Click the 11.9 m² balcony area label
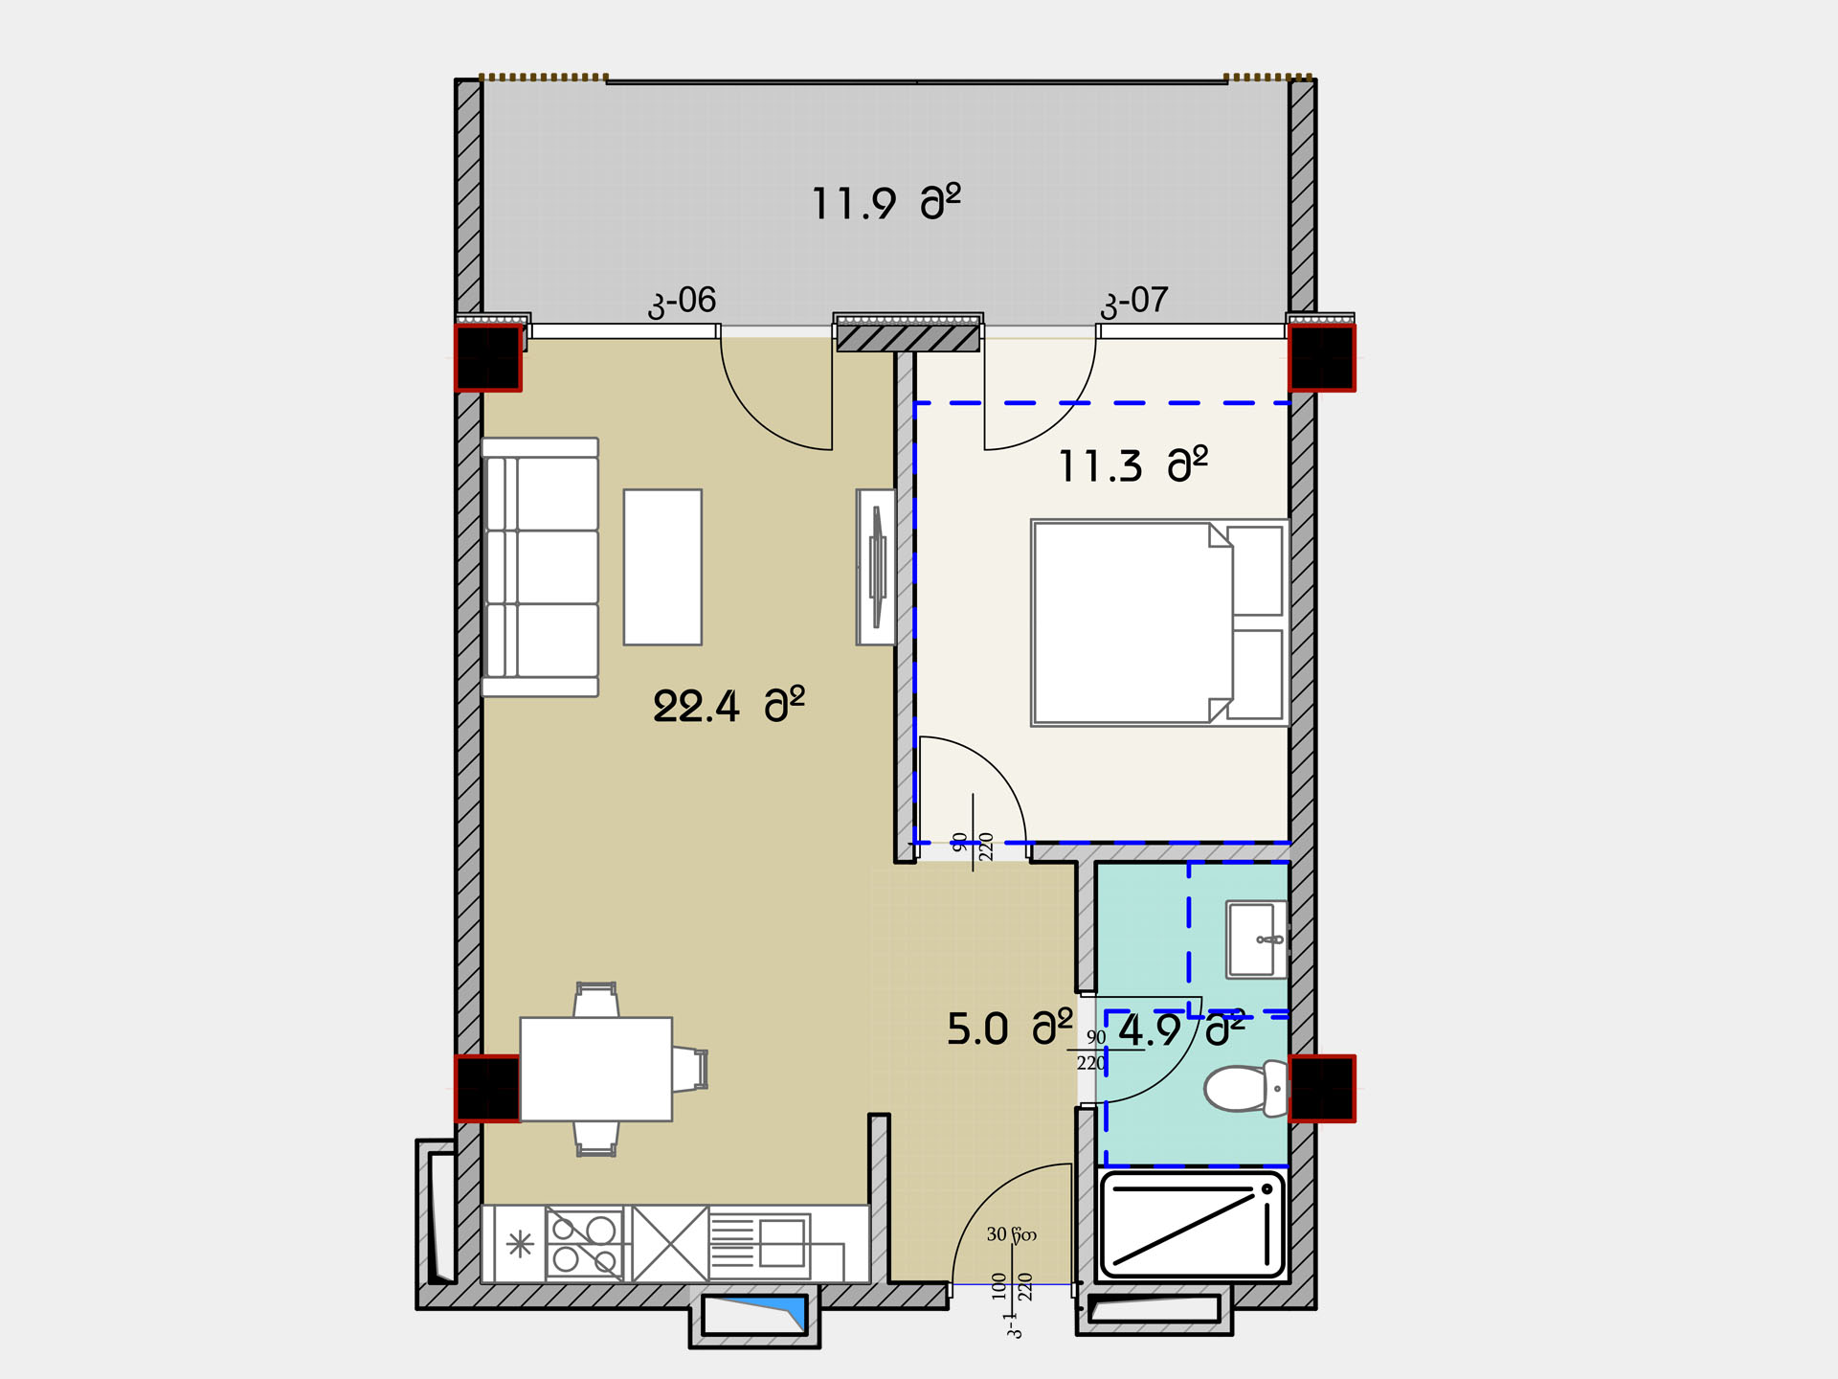click(x=885, y=202)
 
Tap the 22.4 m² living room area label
click(x=728, y=706)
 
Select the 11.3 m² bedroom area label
click(x=1132, y=465)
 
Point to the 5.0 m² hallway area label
click(x=1010, y=1029)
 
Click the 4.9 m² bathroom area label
click(x=1182, y=1029)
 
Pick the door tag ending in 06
click(x=682, y=302)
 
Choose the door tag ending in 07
click(x=1134, y=302)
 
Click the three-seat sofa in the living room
click(x=540, y=567)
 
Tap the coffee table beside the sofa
click(x=662, y=567)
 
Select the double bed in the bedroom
click(x=1159, y=622)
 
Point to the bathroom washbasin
click(x=1257, y=939)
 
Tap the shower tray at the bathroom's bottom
click(x=1192, y=1225)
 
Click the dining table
click(x=595, y=1069)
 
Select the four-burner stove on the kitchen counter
click(x=585, y=1243)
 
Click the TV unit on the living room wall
click(x=876, y=567)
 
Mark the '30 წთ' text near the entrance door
click(x=1011, y=1234)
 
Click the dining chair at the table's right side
click(x=689, y=1070)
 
